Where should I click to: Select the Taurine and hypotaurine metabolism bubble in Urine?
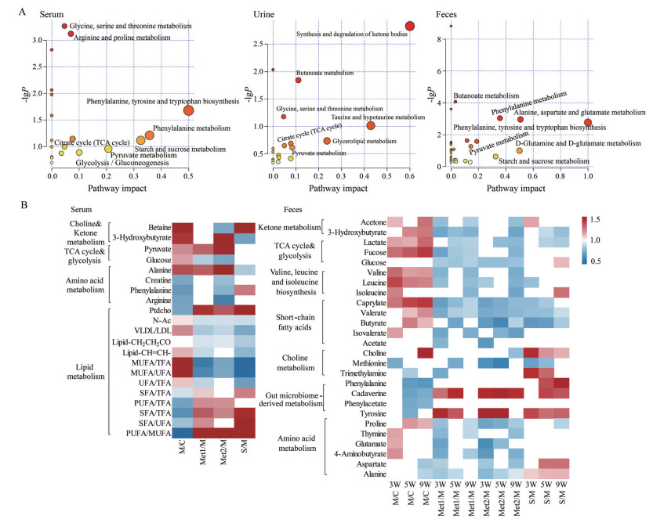click(371, 125)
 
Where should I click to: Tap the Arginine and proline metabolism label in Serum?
click(122, 38)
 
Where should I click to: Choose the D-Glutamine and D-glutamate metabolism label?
click(579, 143)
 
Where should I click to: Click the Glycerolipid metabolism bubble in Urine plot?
click(327, 141)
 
